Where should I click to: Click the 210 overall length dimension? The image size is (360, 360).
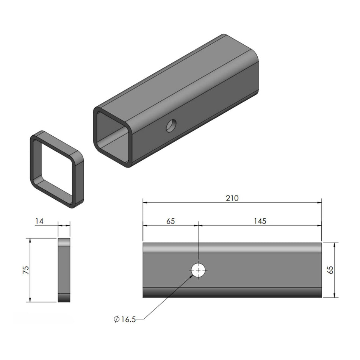232,198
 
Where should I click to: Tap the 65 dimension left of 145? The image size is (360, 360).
171,221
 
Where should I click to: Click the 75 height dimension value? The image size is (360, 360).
25,270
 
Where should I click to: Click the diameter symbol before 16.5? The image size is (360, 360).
116,319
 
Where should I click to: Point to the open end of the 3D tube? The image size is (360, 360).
113,137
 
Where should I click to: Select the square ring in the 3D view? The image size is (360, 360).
57,169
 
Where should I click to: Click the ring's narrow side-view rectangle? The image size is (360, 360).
64,270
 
